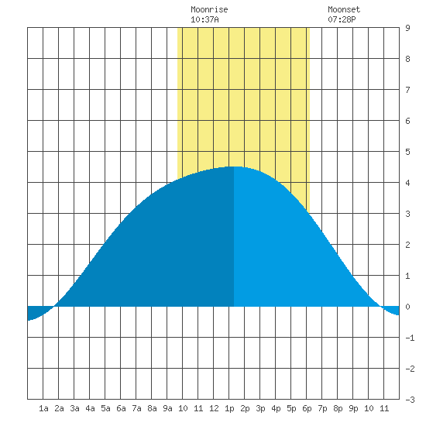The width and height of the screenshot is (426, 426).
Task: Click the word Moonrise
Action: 209,9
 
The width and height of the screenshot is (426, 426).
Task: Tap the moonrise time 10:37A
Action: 204,19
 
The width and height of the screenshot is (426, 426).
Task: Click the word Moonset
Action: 344,9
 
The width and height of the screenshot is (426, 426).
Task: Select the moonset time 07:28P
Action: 342,19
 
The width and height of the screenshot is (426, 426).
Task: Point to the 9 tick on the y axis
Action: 407,28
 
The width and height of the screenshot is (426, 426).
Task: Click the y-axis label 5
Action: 407,152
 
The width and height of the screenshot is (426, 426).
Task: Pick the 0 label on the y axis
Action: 407,307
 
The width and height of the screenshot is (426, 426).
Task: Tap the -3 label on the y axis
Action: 410,400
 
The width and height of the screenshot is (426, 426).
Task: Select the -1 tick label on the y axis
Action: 410,338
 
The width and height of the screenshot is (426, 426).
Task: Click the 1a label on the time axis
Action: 43,408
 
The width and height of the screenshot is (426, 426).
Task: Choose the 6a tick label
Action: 121,408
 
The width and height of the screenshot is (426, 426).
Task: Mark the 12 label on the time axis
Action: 214,408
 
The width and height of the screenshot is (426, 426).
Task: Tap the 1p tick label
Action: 229,408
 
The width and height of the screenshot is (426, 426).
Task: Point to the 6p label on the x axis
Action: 307,408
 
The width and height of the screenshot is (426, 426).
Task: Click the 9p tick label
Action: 353,408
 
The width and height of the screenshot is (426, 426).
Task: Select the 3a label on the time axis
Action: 74,408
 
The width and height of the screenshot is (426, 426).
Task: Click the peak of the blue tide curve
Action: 234,167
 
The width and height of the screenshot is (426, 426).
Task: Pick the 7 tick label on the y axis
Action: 407,90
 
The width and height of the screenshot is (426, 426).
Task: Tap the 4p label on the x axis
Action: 276,408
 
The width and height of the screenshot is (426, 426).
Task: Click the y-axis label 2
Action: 407,245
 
